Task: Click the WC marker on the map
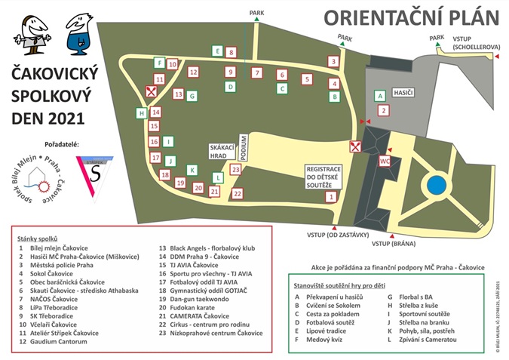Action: click(x=384, y=161)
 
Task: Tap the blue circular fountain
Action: click(x=436, y=185)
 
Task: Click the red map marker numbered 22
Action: click(x=238, y=194)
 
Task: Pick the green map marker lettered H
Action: click(x=141, y=113)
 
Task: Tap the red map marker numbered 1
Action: click(x=330, y=196)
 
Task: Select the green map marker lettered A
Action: click(x=381, y=96)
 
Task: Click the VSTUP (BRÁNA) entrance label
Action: click(x=394, y=244)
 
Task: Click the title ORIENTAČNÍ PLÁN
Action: click(x=412, y=16)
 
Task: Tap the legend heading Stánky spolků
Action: click(x=38, y=237)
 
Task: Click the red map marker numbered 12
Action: click(x=193, y=72)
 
